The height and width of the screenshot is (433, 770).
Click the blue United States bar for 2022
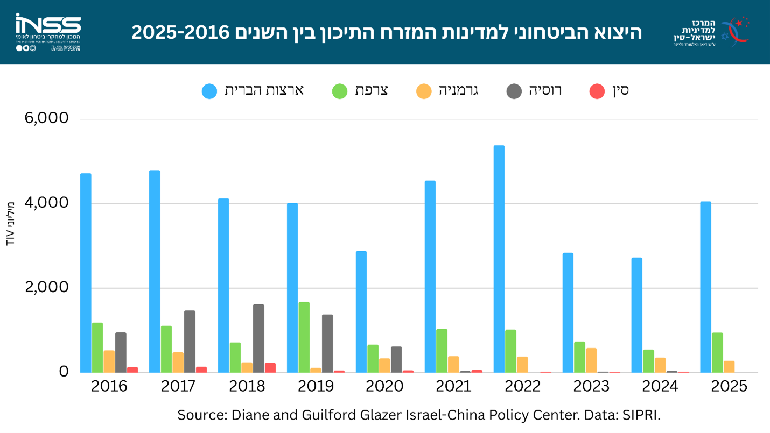[499, 259]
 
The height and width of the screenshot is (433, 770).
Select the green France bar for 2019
[304, 337]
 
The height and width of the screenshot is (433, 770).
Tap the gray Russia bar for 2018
[258, 338]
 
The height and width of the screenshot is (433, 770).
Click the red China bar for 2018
[270, 367]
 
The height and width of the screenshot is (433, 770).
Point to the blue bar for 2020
[361, 311]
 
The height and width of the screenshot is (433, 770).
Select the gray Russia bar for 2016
[121, 352]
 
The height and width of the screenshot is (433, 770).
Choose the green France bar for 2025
[717, 352]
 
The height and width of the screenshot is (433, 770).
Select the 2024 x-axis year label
[660, 386]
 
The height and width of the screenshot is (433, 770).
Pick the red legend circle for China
[597, 91]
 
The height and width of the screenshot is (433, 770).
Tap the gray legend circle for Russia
[514, 91]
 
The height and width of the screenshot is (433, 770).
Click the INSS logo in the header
[48, 32]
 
